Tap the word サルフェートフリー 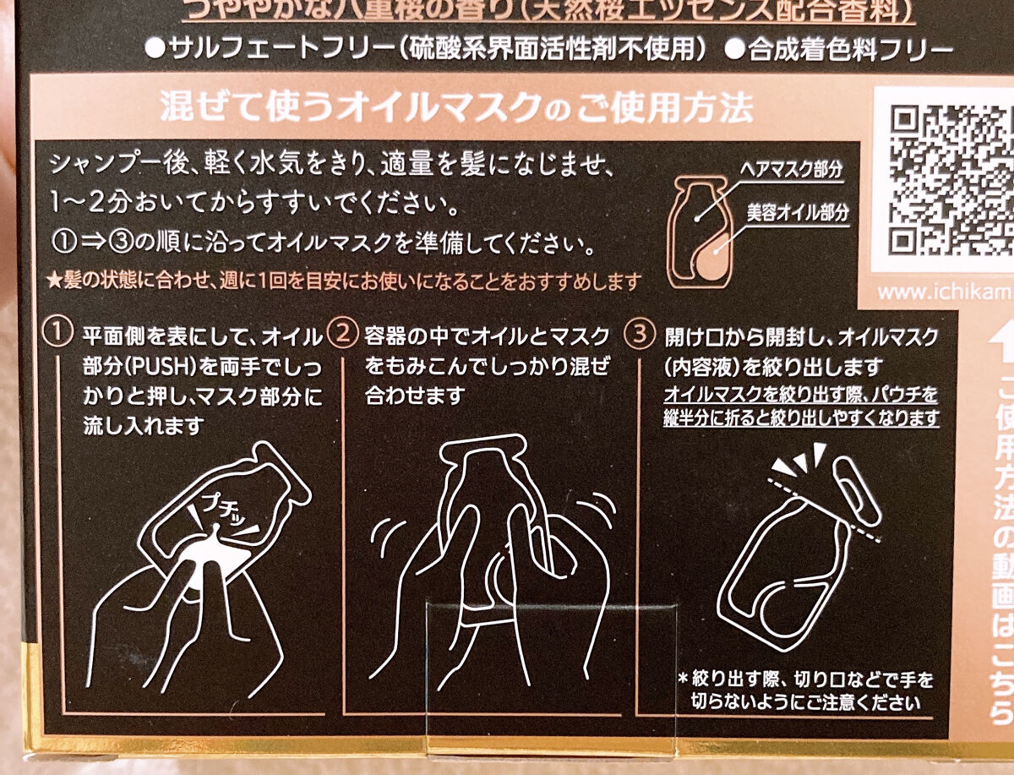click(245, 48)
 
